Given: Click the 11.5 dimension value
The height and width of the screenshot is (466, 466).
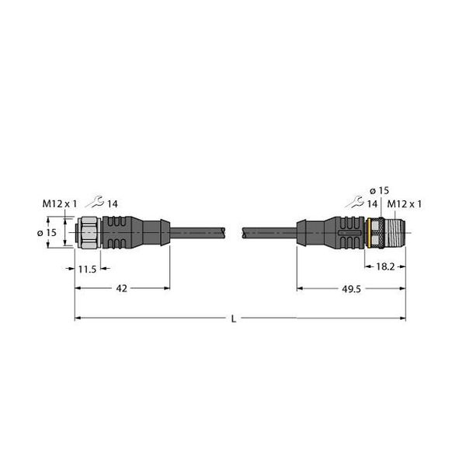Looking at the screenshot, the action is pyautogui.click(x=87, y=270).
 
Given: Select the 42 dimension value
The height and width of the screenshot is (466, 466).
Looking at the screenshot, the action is pyautogui.click(x=122, y=288).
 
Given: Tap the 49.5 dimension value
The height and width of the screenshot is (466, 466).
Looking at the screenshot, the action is pyautogui.click(x=351, y=289).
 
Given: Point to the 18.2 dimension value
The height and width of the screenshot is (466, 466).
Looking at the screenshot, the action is pyautogui.click(x=385, y=266).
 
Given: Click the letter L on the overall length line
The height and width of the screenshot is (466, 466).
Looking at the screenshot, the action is pyautogui.click(x=234, y=319).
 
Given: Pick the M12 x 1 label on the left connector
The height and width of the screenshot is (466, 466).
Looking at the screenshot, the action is pyautogui.click(x=60, y=203).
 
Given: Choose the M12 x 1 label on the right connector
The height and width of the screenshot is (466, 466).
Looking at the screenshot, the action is pyautogui.click(x=405, y=204).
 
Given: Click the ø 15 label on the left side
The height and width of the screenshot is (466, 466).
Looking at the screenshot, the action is pyautogui.click(x=47, y=232).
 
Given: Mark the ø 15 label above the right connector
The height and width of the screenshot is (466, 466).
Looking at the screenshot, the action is pyautogui.click(x=379, y=190).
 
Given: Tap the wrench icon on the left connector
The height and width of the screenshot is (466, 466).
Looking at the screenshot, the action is pyautogui.click(x=95, y=202).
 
